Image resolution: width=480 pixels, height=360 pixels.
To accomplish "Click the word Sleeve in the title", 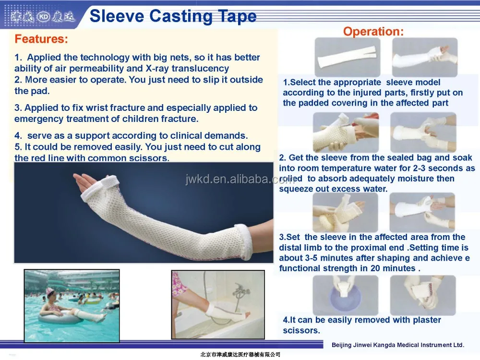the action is point(117,16).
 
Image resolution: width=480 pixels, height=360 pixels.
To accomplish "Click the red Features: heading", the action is point(41,39).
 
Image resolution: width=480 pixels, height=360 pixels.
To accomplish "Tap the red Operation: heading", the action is point(373,31).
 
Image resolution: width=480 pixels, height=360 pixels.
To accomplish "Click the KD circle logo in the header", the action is point(43,17).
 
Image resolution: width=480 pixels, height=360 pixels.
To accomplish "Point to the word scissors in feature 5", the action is point(149,158).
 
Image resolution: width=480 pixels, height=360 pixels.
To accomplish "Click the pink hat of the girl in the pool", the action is point(49,290).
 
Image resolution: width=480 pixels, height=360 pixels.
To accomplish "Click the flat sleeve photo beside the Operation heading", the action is point(348,57).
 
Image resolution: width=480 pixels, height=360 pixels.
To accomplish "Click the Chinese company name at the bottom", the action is point(240,355).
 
